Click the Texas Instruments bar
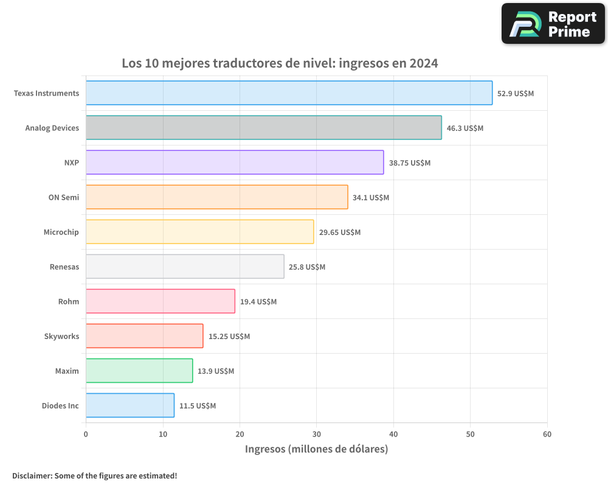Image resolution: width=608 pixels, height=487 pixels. tap(289, 93)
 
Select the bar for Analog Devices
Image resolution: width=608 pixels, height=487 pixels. tap(263, 128)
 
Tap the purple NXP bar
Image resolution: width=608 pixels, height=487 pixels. tap(235, 163)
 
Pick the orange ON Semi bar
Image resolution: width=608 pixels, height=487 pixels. tap(216, 197)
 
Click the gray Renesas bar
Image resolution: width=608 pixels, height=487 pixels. tap(185, 267)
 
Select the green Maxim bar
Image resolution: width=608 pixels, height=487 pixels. tap(139, 371)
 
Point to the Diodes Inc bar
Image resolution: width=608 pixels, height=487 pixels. tap(130, 405)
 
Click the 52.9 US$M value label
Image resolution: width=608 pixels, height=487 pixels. tap(516, 94)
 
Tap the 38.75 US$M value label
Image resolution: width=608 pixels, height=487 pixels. tap(409, 163)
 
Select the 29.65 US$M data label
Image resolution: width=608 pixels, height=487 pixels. tap(339, 233)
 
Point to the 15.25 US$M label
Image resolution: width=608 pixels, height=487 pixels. tap(229, 337)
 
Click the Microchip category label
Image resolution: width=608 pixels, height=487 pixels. tap(61, 232)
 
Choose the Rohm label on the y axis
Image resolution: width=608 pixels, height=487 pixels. tap(68, 301)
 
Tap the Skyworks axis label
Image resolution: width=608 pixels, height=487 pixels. tap(61, 336)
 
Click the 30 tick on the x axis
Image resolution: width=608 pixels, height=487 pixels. tap(316, 434)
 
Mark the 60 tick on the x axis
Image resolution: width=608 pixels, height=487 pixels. tap(547, 434)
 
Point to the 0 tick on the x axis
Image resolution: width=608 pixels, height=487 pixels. tap(86, 434)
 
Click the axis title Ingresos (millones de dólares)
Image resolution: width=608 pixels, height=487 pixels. tap(316, 449)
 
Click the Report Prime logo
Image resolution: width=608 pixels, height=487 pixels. tap(553, 24)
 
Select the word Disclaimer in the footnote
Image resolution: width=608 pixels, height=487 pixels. tap(31, 476)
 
